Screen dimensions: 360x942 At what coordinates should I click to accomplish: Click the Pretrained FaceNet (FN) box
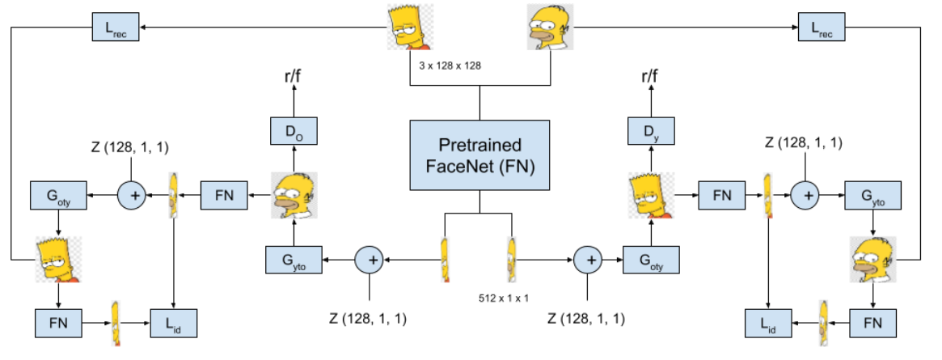coord(479,155)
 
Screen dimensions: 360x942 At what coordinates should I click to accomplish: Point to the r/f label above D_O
coord(294,78)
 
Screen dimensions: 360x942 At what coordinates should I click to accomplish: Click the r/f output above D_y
coord(650,78)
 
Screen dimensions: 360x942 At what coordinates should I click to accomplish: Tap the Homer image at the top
coord(550,27)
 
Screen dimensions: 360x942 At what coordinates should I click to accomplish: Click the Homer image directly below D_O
coord(294,196)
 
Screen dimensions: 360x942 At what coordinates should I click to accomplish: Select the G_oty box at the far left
coord(58,195)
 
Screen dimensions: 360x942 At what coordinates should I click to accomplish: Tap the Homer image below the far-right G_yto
coord(872,260)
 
